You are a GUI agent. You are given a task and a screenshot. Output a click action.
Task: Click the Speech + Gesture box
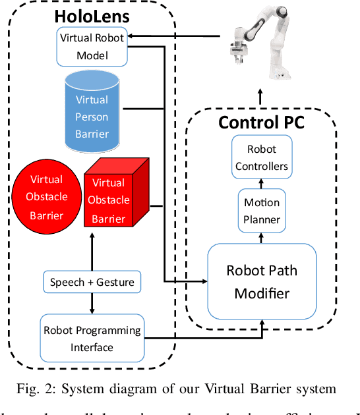point(92,282)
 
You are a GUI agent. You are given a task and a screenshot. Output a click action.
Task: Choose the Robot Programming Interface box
point(92,338)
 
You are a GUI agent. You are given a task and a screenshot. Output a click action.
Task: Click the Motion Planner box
point(262,211)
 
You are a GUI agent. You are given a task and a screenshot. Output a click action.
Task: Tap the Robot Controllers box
point(262,157)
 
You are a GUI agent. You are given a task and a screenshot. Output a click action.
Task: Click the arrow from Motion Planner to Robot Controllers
point(262,184)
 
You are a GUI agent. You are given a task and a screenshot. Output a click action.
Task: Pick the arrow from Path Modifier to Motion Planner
point(262,238)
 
